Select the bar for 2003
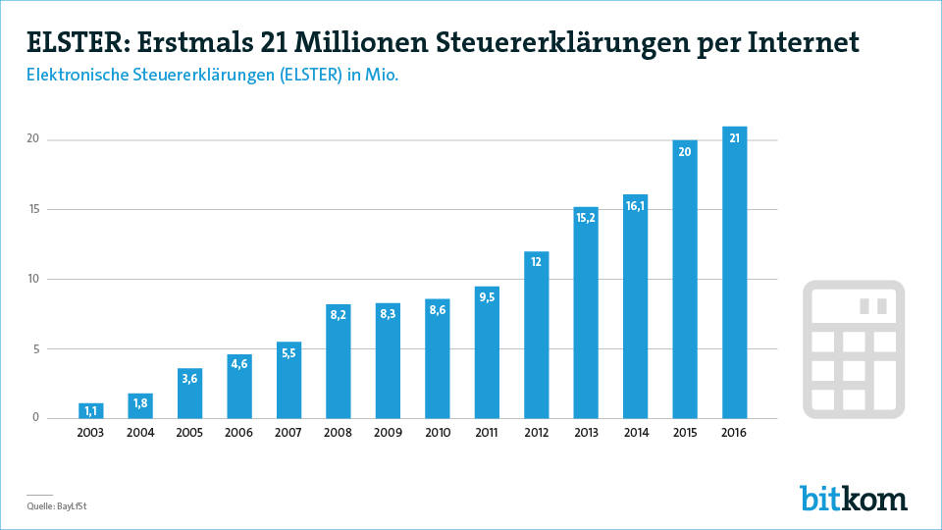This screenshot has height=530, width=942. point(91,410)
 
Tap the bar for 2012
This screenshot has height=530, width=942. point(536,335)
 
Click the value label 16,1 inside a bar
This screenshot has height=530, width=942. point(635,206)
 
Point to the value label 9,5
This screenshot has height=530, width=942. point(487,298)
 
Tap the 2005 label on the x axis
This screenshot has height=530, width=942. point(190,433)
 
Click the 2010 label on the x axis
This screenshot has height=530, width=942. point(438,433)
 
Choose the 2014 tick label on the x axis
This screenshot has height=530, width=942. point(635,433)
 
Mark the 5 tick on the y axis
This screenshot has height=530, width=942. point(35,348)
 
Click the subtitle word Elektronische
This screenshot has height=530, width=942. point(82,76)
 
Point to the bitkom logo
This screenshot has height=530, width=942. point(853,498)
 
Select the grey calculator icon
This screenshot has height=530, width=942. point(854,348)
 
